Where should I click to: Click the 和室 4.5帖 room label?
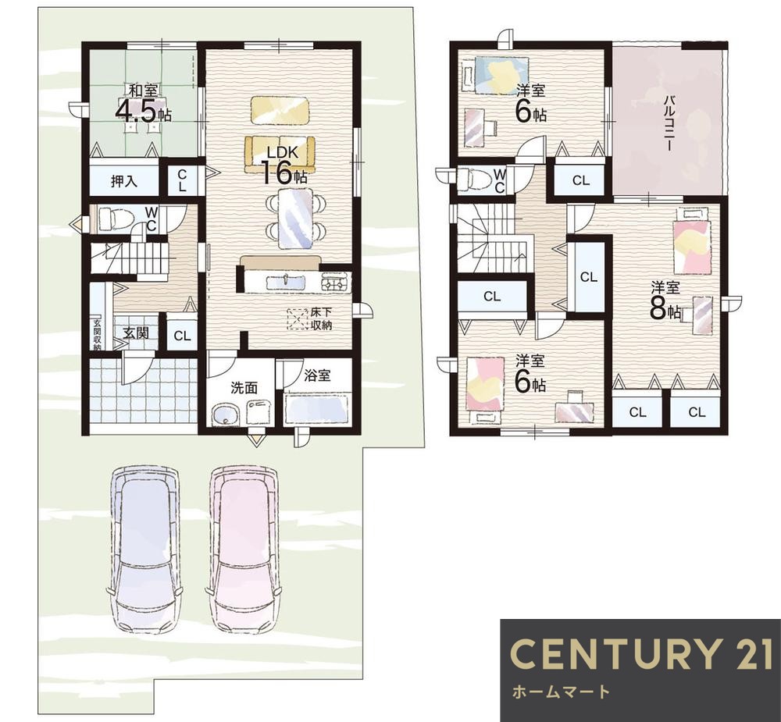tap(144, 103)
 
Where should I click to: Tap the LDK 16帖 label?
tap(283, 165)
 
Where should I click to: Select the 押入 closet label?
tap(123, 181)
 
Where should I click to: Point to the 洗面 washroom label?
tap(244, 388)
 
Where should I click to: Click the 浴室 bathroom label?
tap(317, 375)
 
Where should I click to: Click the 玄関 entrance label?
tap(135, 333)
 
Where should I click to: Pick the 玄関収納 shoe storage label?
tap(97, 332)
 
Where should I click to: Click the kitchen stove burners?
tap(336, 283)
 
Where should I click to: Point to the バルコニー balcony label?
tap(669, 123)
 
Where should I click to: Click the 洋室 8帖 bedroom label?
tap(665, 301)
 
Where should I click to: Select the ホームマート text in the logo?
tap(560, 692)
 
